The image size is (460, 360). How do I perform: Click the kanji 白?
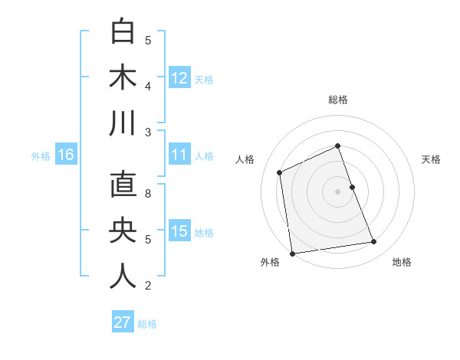click(x=123, y=32)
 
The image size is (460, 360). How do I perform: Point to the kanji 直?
click(x=123, y=185)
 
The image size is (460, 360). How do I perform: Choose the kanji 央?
click(x=123, y=231)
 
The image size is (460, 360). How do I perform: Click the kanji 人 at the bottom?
click(x=123, y=276)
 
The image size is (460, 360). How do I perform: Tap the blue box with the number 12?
click(x=179, y=77)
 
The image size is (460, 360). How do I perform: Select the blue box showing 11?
click(x=179, y=155)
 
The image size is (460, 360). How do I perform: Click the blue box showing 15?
click(x=179, y=231)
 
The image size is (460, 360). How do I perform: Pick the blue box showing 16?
click(x=66, y=155)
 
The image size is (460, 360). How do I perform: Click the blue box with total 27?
click(x=123, y=322)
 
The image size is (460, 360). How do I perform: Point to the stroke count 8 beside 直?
click(x=148, y=193)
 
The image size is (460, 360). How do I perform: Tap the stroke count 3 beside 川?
click(x=148, y=132)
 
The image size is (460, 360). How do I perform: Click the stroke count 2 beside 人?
click(x=148, y=286)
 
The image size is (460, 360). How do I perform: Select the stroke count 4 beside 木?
click(x=148, y=86)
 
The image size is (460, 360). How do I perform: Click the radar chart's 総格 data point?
click(x=337, y=146)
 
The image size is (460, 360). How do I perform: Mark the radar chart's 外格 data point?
click(x=292, y=254)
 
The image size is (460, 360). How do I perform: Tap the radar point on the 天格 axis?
click(x=352, y=186)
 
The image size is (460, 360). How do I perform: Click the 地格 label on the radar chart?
click(x=402, y=262)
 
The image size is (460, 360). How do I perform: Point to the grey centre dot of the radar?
click(x=337, y=191)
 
